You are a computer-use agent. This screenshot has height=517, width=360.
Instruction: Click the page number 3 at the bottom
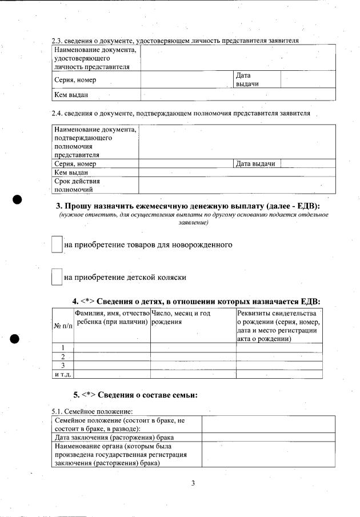click(x=193, y=484)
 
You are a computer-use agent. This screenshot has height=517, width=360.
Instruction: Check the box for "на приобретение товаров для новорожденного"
click(x=57, y=245)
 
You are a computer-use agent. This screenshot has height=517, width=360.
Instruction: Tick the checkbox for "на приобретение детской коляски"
click(x=57, y=277)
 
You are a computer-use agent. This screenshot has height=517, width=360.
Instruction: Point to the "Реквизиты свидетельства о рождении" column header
click(x=278, y=326)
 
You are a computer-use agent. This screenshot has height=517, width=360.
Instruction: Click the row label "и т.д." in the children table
click(x=63, y=374)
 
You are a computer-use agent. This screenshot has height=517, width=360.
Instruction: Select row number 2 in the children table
click(x=63, y=356)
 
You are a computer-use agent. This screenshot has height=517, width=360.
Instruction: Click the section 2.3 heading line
click(x=175, y=40)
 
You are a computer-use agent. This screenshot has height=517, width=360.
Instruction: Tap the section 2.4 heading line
click(x=181, y=113)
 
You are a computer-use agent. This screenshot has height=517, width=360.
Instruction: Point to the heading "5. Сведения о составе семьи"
click(x=135, y=395)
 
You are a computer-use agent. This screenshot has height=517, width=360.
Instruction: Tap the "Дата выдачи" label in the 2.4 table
click(x=256, y=164)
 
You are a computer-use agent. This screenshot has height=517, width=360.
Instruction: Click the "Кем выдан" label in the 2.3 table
click(x=71, y=95)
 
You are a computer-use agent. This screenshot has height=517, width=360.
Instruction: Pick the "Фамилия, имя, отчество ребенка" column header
click(x=111, y=318)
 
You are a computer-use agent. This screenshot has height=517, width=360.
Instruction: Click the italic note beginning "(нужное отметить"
click(x=193, y=218)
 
